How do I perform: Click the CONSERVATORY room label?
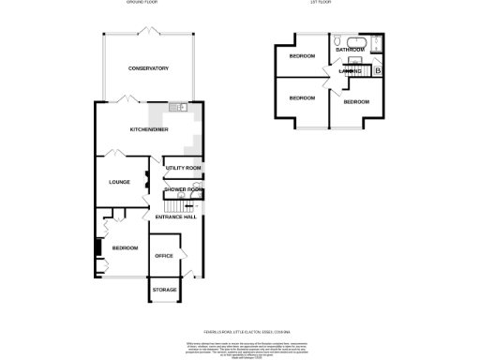tap(148, 68)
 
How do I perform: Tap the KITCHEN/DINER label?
tap(149, 128)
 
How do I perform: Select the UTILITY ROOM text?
tap(183, 168)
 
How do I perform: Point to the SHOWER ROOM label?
tap(183, 189)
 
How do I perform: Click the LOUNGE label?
tap(119, 182)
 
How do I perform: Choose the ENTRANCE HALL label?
tap(175, 217)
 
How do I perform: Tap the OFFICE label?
tap(164, 255)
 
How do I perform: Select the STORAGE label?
tap(165, 290)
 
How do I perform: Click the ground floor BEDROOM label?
tap(125, 247)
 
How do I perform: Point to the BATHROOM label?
tap(350, 50)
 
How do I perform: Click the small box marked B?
tap(377, 71)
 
